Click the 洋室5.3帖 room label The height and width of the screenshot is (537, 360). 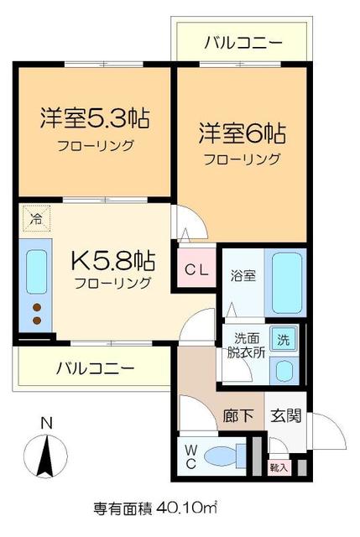pos(95,118)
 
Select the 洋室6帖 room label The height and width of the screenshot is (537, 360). pos(243,133)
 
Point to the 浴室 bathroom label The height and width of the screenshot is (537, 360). pos(243,274)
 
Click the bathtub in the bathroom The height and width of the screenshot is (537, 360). pos(285,283)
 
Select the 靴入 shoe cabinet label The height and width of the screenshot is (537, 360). pos(278,467)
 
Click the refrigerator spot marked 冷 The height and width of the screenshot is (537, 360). pos(36,220)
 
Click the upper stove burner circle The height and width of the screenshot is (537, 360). pos(36,308)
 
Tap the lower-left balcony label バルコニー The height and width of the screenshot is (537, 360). pos(95,368)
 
